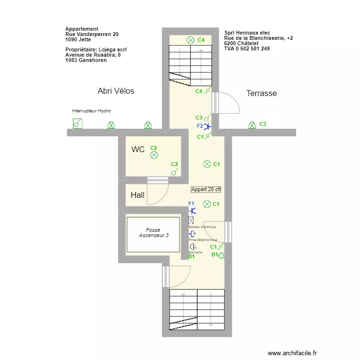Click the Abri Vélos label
tap(116, 91)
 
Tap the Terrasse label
tap(261, 93)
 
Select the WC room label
tap(138, 150)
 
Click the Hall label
tap(137, 195)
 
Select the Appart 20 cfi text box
tap(206, 189)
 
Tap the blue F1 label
tap(191, 204)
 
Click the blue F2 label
tap(200, 126)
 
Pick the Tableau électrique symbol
tap(192, 220)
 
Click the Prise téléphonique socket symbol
tap(192, 234)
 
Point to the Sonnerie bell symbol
tap(192, 247)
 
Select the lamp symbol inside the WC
tap(154, 155)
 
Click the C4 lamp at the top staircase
tap(191, 40)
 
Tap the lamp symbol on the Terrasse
tap(252, 125)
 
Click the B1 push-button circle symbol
tap(221, 255)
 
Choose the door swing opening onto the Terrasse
tap(228, 104)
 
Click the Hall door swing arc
tap(158, 194)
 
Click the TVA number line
tap(247, 48)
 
